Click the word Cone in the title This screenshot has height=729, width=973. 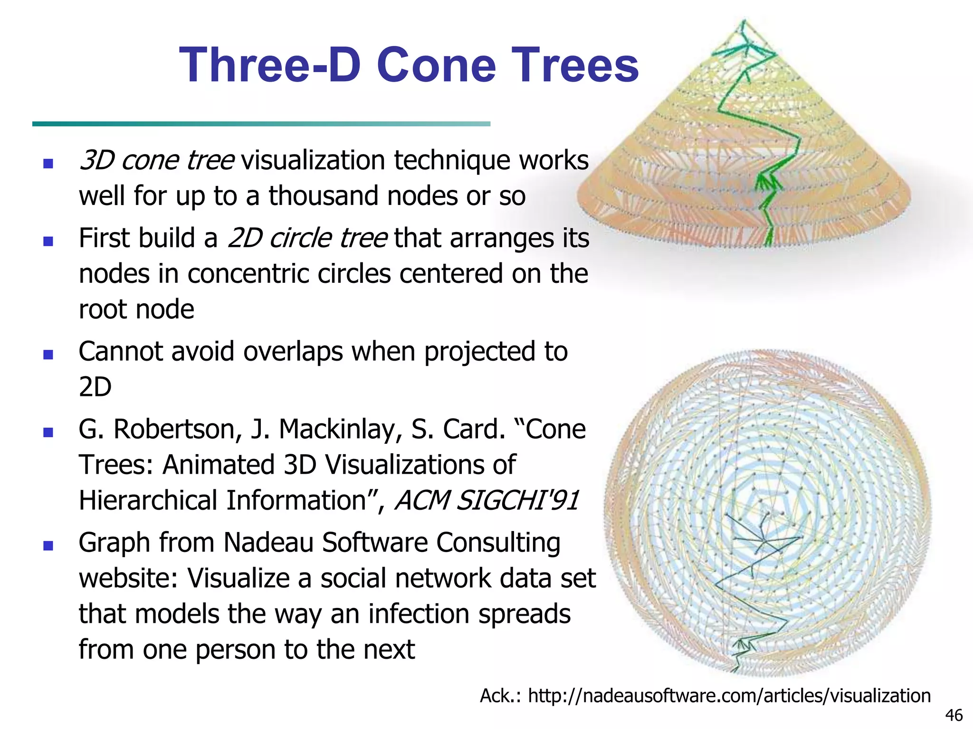click(436, 65)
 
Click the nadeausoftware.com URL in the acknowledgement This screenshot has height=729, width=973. click(729, 696)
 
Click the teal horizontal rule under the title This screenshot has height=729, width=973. click(261, 124)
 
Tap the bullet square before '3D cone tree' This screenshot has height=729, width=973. click(48, 164)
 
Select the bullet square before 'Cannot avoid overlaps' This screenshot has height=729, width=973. click(48, 355)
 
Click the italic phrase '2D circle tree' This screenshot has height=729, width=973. click(307, 238)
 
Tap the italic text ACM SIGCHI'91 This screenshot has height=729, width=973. click(487, 500)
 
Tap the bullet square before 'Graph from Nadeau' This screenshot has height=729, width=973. click(48, 546)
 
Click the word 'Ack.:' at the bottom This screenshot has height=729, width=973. click(500, 696)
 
